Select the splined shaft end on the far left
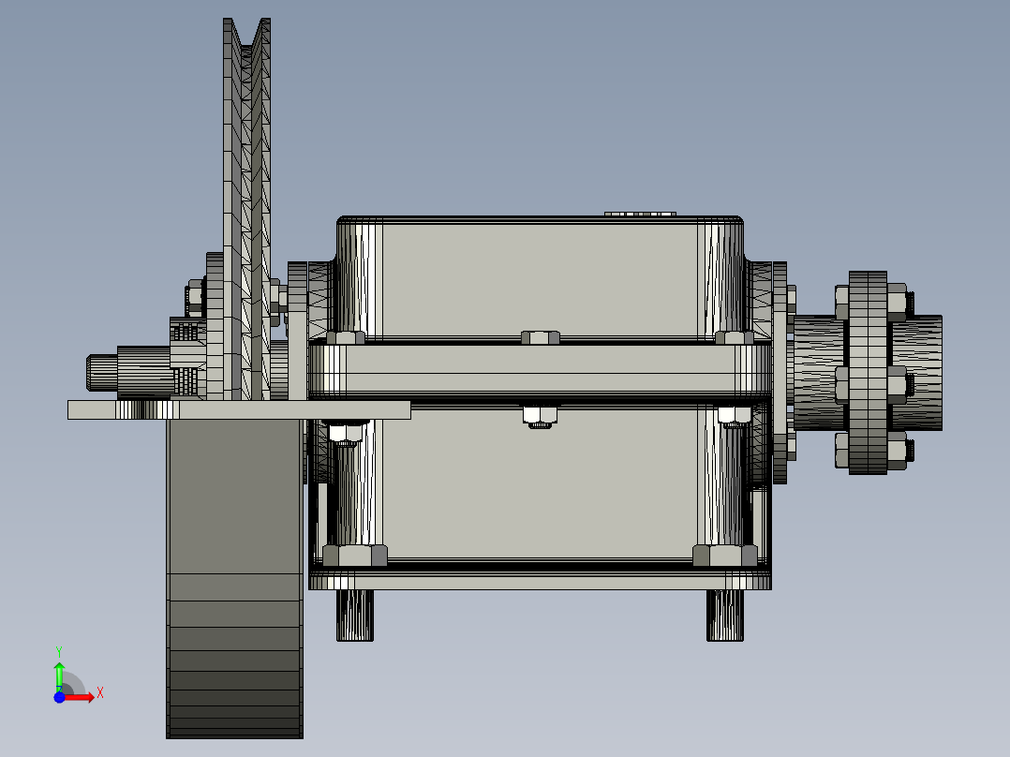click(x=102, y=371)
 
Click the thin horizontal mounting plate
click(x=239, y=409)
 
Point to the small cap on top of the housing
click(x=640, y=214)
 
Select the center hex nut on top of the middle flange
click(x=540, y=337)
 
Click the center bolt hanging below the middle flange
click(x=539, y=416)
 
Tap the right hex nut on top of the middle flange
click(x=734, y=337)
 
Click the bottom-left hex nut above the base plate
click(x=354, y=556)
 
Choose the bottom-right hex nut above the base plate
click(x=724, y=556)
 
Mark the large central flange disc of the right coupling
click(x=868, y=372)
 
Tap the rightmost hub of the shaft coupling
click(x=924, y=372)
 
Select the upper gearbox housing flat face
click(x=539, y=276)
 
